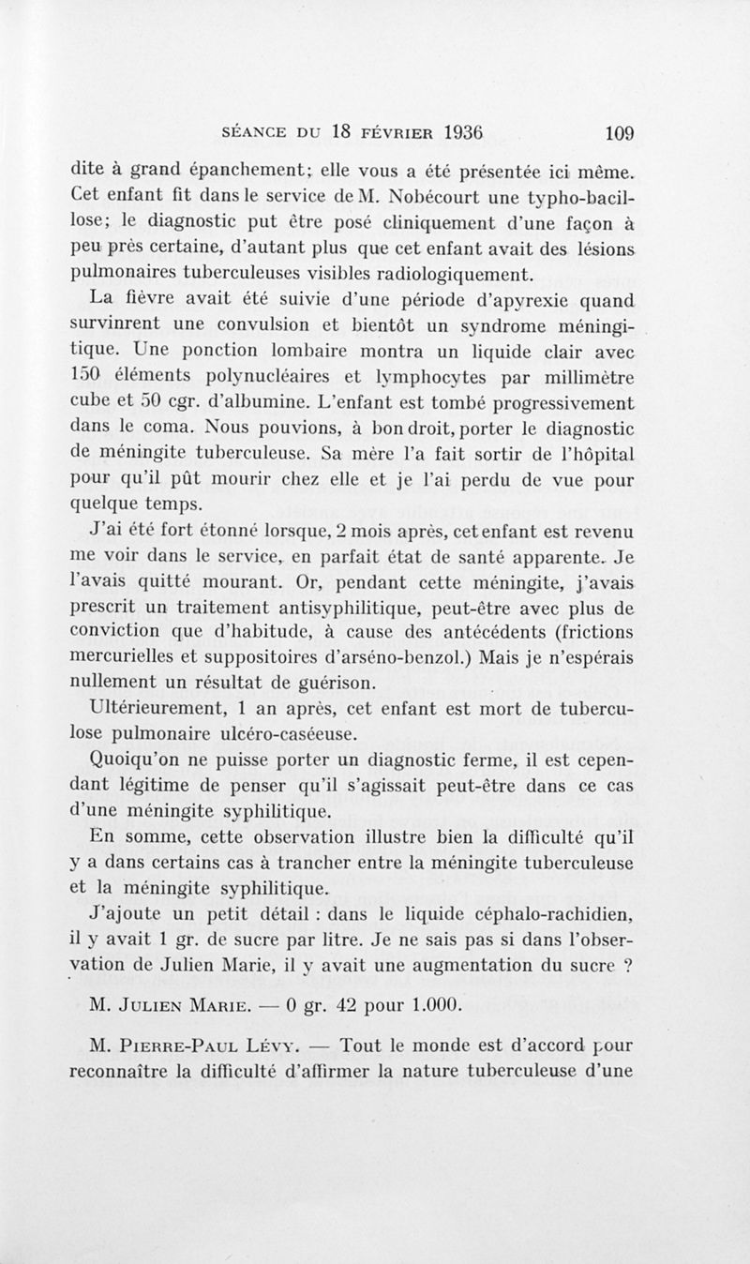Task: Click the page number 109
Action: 620,132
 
